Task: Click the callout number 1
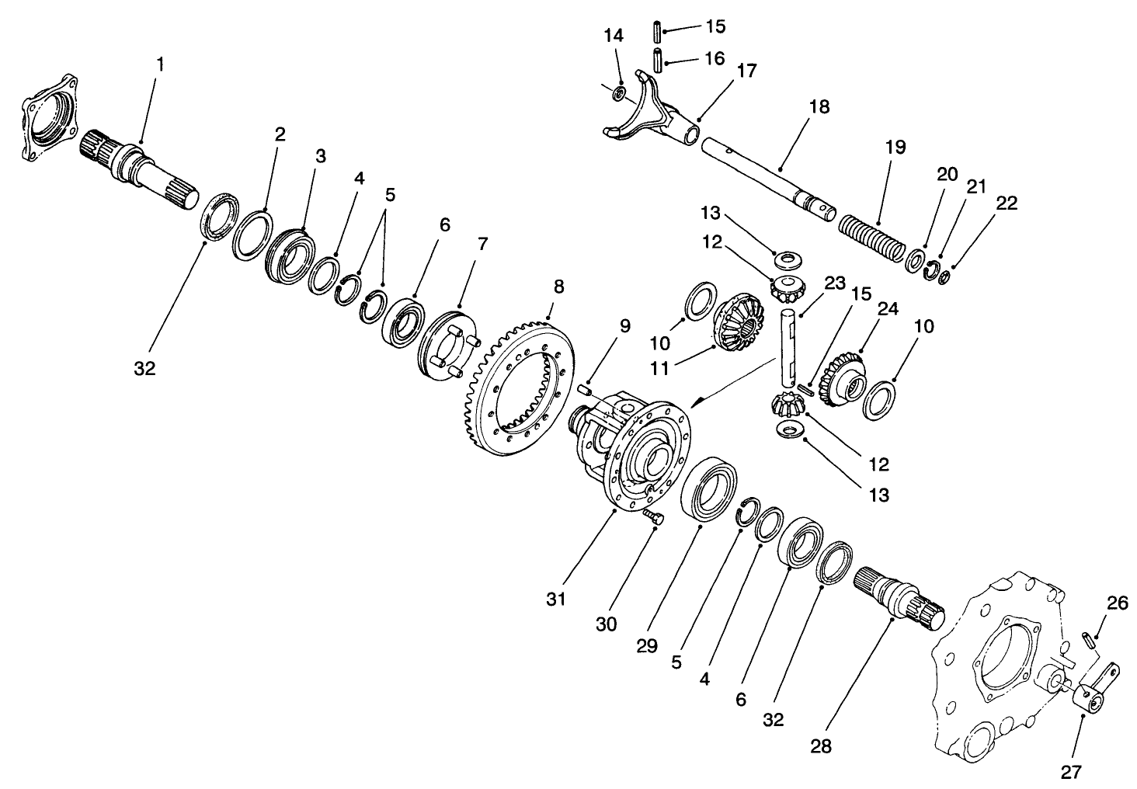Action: coord(160,64)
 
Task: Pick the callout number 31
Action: coord(556,599)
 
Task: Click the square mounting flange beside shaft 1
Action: coord(51,116)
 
